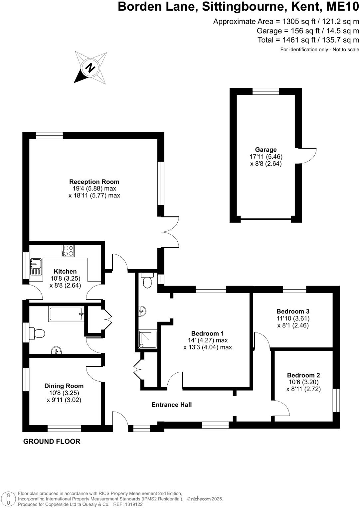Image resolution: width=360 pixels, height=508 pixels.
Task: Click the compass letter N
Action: [x=90, y=67]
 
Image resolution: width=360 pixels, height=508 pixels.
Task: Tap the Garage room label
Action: [x=266, y=150]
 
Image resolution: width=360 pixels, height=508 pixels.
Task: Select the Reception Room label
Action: [x=94, y=182]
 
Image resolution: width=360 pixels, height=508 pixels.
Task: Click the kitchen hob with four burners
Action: [x=68, y=251]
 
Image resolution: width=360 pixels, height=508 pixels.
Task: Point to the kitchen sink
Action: [x=36, y=267]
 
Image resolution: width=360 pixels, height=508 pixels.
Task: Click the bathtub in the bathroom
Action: [x=66, y=314]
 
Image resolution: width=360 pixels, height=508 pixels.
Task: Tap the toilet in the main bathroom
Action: [x=37, y=333]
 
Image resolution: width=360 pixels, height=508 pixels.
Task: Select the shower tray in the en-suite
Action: [x=148, y=339]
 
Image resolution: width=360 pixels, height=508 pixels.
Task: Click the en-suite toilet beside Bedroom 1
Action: [x=147, y=281]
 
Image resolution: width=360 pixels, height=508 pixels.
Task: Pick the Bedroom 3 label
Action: [x=293, y=311]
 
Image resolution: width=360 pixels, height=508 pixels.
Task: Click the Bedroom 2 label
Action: [x=303, y=375]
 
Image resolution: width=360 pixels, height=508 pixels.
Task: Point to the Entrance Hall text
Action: [x=171, y=405]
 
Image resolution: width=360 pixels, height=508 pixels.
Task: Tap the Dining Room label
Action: [x=64, y=386]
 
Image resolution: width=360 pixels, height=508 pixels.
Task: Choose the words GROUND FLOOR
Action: [x=52, y=441]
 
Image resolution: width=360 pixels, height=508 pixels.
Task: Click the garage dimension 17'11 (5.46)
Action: [x=266, y=157]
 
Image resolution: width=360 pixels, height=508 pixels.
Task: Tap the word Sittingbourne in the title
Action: [x=244, y=7]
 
